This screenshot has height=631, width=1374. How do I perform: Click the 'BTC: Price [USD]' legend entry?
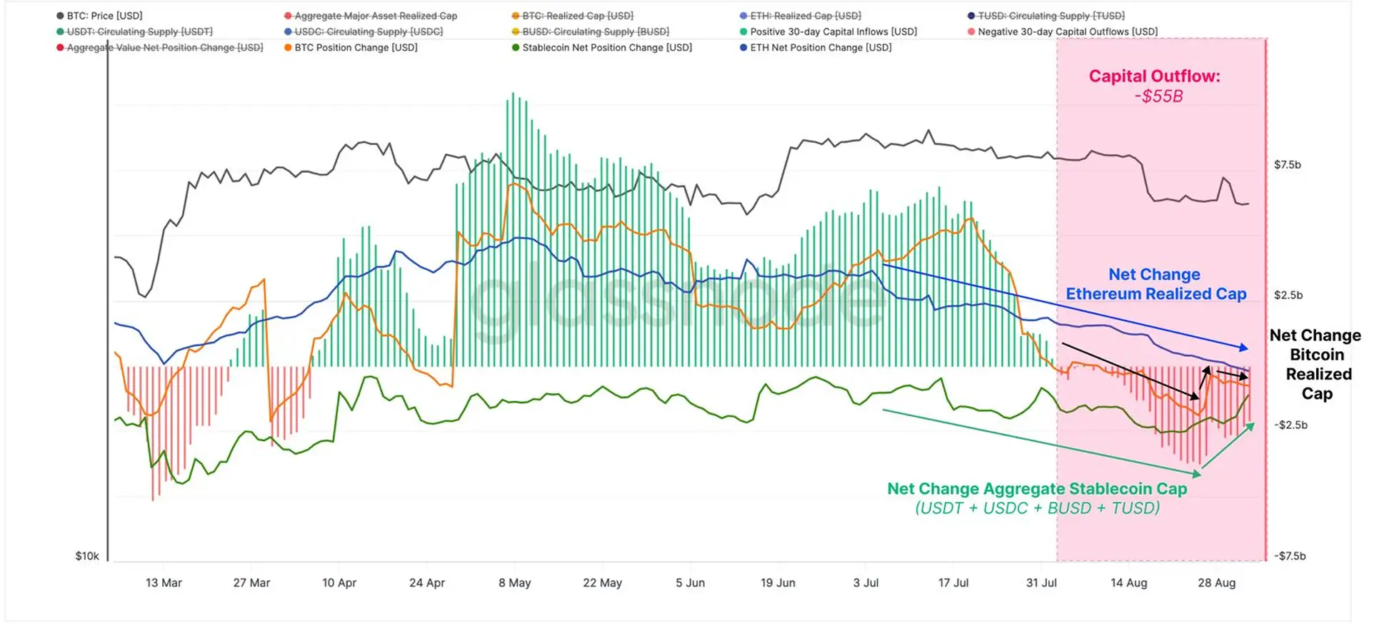click(104, 16)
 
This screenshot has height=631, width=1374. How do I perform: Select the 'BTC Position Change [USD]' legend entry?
click(356, 48)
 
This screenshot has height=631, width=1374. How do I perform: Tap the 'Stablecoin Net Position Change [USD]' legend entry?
click(606, 48)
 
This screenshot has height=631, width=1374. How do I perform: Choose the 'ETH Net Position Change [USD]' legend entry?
click(821, 48)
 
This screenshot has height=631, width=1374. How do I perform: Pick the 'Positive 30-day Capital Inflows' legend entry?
click(833, 32)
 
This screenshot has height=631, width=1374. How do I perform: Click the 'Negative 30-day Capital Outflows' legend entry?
click(1067, 32)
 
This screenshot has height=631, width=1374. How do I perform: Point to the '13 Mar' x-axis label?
click(164, 583)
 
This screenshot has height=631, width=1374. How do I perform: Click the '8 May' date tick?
click(515, 583)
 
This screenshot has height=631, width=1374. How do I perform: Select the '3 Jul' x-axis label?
click(866, 583)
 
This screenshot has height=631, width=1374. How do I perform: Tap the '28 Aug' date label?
click(1216, 583)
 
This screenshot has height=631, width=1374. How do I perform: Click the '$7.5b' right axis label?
click(1288, 165)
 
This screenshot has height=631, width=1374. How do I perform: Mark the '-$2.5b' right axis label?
click(1290, 425)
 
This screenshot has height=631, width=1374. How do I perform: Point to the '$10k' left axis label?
click(87, 556)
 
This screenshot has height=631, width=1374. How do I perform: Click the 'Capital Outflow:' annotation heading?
click(1154, 76)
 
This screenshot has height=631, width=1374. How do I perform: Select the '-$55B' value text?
click(1158, 96)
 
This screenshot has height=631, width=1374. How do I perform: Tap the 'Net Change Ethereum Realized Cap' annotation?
click(1155, 284)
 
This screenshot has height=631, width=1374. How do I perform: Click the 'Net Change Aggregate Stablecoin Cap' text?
click(1037, 489)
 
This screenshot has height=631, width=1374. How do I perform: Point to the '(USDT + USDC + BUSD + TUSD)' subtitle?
click(1037, 508)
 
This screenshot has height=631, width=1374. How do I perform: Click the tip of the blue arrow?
click(1248, 349)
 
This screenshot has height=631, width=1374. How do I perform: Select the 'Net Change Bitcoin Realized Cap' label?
click(1316, 365)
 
